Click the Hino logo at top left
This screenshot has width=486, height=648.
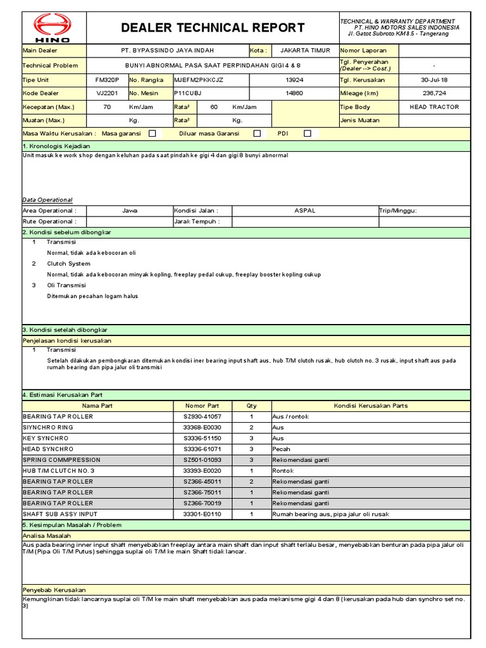pyautogui.click(x=52, y=28)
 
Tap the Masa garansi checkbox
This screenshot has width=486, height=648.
pyautogui.click(x=152, y=134)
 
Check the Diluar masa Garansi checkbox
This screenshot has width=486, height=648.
pyautogui.click(x=257, y=134)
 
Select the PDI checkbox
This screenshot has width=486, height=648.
pyautogui.click(x=308, y=134)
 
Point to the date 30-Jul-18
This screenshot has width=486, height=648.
pyautogui.click(x=434, y=80)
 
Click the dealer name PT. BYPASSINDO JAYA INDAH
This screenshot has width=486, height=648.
pyautogui.click(x=167, y=51)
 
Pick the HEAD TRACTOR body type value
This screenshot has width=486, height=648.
pyautogui.click(x=434, y=107)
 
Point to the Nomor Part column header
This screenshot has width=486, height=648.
pyautogui.click(x=202, y=406)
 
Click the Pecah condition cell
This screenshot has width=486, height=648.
pyautogui.click(x=281, y=449)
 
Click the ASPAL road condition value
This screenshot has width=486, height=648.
pyautogui.click(x=305, y=211)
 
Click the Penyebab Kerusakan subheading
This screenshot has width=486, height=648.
pyautogui.click(x=54, y=590)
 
